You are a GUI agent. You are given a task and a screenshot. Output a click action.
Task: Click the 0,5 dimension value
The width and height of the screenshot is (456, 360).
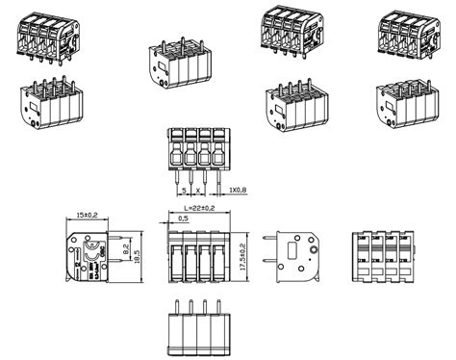pos(182,219)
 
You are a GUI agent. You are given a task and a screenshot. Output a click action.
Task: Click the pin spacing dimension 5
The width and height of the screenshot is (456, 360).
pos(184,190)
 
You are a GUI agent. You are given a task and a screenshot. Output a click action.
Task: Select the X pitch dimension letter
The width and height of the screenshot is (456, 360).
pos(197,190)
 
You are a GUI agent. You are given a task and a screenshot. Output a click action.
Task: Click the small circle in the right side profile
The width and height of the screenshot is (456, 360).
pos(314,244)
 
